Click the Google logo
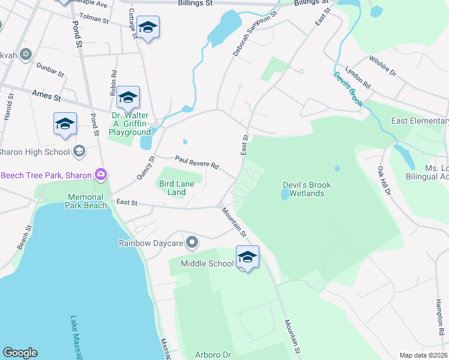point(20,353)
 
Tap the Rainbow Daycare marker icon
point(192,242)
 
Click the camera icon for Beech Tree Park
point(100,175)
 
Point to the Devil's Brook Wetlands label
point(303,190)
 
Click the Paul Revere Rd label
point(196,162)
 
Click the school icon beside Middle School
point(247,257)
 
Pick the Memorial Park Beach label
point(88,201)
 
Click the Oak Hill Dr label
point(384,181)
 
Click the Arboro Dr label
point(213,355)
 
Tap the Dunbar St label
point(50,70)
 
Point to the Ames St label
point(47,94)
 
